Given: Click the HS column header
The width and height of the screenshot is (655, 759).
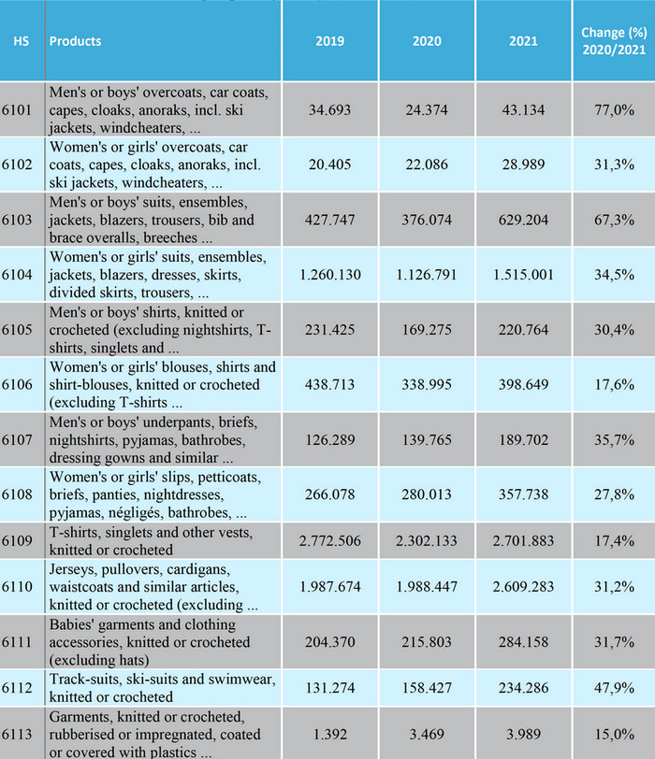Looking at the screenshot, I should (x=22, y=41).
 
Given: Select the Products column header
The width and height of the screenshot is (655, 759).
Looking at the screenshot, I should (x=75, y=41).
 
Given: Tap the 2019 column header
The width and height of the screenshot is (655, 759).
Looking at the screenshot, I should (x=329, y=41).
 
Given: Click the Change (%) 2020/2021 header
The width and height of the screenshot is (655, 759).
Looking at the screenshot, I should (x=613, y=41).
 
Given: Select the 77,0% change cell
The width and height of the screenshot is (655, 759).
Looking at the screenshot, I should (x=614, y=110).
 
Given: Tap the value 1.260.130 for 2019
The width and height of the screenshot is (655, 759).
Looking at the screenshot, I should (x=329, y=275).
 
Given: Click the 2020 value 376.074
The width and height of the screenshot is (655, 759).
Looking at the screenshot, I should (x=427, y=220).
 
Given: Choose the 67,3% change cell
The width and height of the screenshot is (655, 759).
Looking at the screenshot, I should (x=614, y=220).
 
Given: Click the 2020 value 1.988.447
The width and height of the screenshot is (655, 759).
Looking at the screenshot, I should (x=427, y=586).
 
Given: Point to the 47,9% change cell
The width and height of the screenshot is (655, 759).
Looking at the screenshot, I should (x=614, y=688).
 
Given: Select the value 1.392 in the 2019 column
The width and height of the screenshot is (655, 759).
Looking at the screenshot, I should (x=329, y=734).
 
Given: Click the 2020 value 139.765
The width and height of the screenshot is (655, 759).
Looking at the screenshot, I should (x=427, y=440).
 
